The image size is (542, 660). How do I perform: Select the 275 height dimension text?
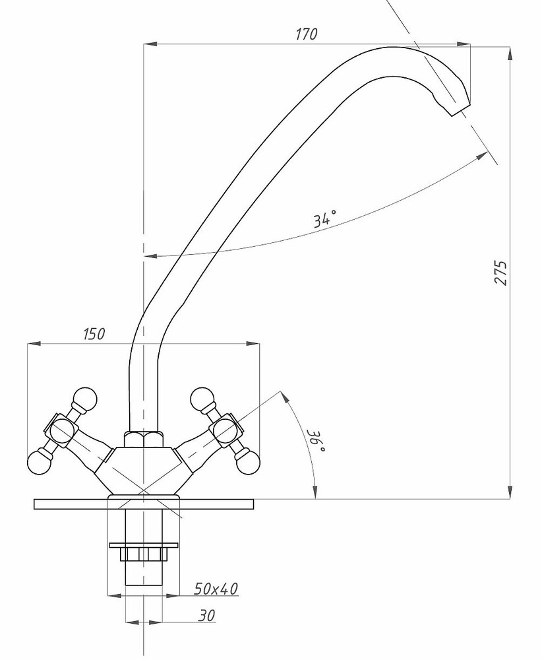tap(501, 273)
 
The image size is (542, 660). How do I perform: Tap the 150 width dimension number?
tap(94, 334)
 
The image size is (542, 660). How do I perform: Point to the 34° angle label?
tap(325, 218)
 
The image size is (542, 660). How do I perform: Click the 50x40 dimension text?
tap(216, 588)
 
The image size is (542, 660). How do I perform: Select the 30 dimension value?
tap(206, 615)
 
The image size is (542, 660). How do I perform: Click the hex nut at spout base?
tap(143, 438)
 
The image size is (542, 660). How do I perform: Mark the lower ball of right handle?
tap(249, 462)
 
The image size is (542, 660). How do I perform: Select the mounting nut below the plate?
tap(143, 553)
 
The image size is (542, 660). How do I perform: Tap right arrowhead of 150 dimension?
tap(256, 343)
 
